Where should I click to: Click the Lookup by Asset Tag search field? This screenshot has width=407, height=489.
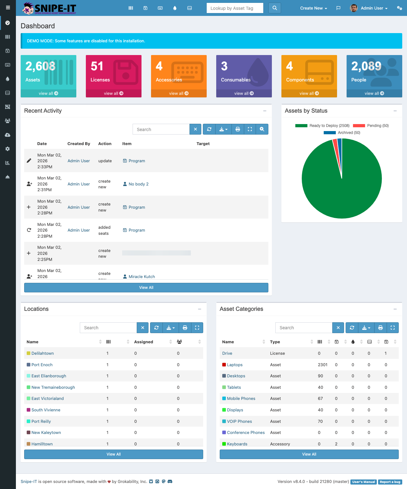point(235,8)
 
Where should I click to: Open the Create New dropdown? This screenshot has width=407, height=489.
point(313,8)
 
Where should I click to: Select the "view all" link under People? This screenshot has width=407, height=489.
point(374,93)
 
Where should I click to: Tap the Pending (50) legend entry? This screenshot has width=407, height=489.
point(371,126)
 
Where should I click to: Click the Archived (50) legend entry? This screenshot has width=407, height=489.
point(342,133)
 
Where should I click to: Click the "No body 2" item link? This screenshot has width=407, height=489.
point(138,184)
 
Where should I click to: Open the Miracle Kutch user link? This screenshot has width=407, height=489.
point(141,276)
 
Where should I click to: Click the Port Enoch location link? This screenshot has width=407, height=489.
point(42,365)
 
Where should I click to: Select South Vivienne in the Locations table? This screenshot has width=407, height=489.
point(46,410)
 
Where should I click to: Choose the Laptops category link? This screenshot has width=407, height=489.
point(235,365)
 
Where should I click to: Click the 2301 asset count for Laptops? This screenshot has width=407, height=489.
point(322,365)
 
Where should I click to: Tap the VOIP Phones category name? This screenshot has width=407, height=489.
point(239,422)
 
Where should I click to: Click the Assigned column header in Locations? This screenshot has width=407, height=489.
point(144,342)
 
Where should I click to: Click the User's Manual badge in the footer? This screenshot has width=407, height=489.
point(363,482)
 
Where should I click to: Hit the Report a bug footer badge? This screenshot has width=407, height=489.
point(390,482)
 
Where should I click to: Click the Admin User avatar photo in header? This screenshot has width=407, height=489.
point(354,8)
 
